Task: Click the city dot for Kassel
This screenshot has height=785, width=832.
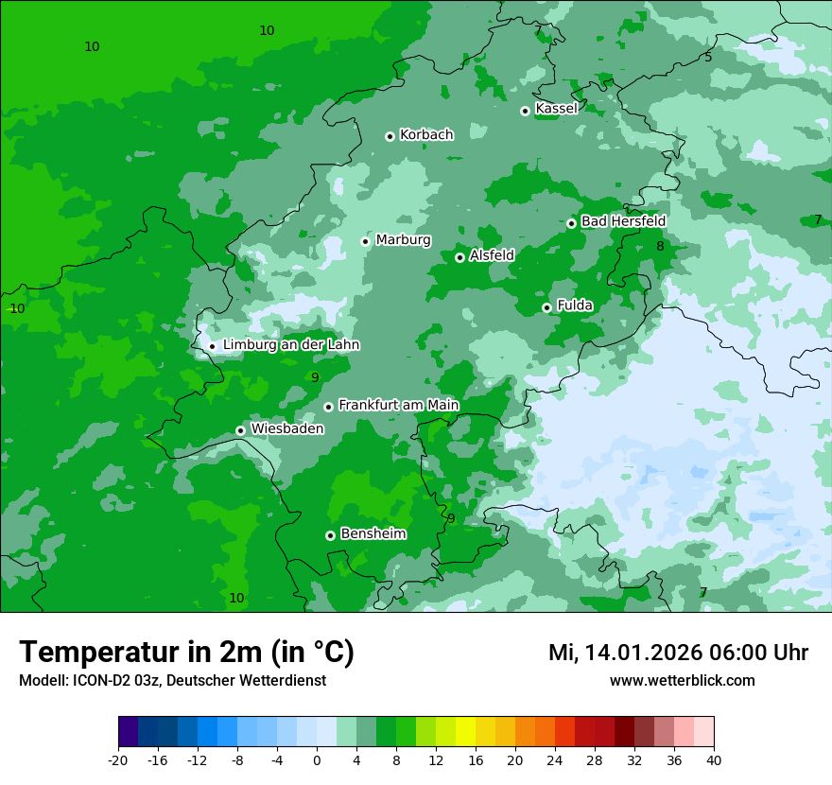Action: [525, 111]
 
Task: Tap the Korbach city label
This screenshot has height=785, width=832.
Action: [426, 134]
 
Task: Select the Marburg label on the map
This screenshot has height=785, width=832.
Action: [403, 239]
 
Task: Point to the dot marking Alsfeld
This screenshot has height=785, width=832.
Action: [459, 257]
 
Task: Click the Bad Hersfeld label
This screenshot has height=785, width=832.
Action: [623, 220]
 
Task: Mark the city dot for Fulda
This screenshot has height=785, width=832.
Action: [546, 307]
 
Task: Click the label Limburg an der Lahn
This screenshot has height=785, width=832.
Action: [291, 344]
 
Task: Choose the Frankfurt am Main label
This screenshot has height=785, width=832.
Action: [398, 405]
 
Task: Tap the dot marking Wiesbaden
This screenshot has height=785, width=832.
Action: [240, 430]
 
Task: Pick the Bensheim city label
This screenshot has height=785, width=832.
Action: [373, 533]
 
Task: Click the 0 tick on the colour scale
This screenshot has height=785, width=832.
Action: [317, 759]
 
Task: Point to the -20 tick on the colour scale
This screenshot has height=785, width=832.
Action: [118, 759]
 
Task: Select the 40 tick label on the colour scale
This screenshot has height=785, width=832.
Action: [714, 759]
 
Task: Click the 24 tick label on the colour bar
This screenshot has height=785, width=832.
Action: [555, 759]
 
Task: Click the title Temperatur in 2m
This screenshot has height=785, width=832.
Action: [186, 652]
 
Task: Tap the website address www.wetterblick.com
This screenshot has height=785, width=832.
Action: [682, 680]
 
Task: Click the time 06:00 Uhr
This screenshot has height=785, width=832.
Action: [754, 653]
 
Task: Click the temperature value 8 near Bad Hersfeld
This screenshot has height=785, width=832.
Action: [660, 247]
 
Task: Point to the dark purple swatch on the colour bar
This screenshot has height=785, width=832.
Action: [128, 732]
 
